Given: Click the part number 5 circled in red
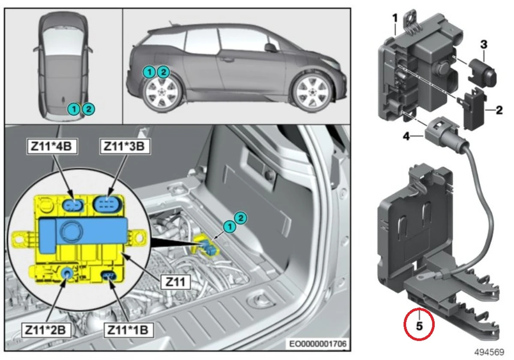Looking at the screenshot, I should (x=419, y=326).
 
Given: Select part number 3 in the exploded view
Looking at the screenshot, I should (x=483, y=44).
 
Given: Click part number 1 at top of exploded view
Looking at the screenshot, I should (x=395, y=18).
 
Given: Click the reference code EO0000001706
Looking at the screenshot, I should (x=317, y=344).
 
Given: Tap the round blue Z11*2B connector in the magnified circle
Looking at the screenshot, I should (x=67, y=272).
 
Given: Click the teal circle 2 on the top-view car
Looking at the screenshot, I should (x=88, y=109).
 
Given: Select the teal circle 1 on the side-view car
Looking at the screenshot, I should (x=149, y=72).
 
